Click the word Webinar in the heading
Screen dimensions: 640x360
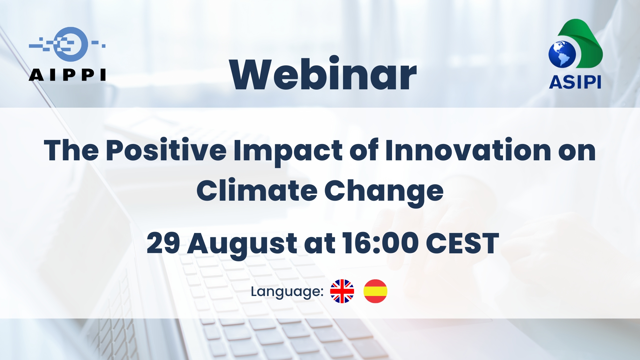click(x=323, y=74)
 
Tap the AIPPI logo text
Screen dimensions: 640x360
click(x=67, y=75)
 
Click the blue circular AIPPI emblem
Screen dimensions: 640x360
click(x=71, y=44)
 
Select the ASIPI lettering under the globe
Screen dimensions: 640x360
click(x=575, y=82)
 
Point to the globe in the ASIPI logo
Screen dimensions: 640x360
click(x=562, y=54)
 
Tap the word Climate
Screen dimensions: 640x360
click(x=257, y=190)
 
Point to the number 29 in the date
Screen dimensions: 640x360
click(x=163, y=243)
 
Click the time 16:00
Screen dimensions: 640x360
click(x=380, y=243)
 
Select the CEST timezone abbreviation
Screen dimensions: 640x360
click(x=462, y=243)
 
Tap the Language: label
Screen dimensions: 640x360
click(x=287, y=292)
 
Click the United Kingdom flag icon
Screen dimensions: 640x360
click(x=342, y=291)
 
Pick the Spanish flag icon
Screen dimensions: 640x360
click(x=375, y=291)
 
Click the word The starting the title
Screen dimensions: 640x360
click(x=71, y=150)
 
